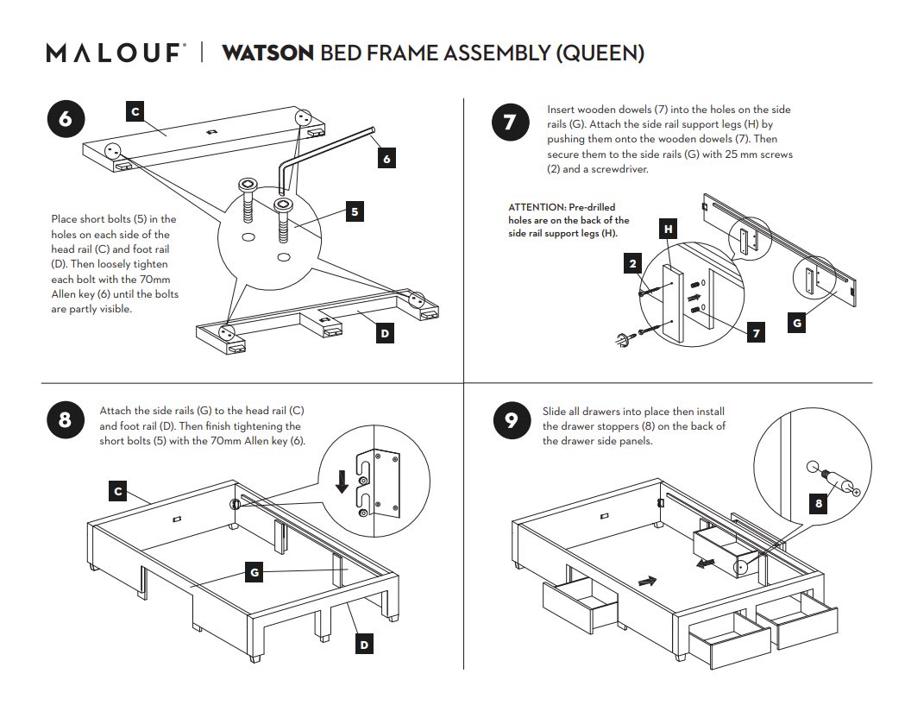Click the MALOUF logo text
click(x=115, y=53)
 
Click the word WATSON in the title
click(x=267, y=53)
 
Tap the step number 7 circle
click(x=509, y=122)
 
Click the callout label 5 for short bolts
click(x=355, y=211)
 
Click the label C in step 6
click(x=135, y=111)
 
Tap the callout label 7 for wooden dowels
click(x=756, y=332)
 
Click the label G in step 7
click(x=797, y=324)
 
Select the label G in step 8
click(x=254, y=571)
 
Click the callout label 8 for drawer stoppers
click(x=818, y=504)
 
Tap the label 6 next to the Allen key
click(x=387, y=159)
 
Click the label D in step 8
click(x=365, y=645)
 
